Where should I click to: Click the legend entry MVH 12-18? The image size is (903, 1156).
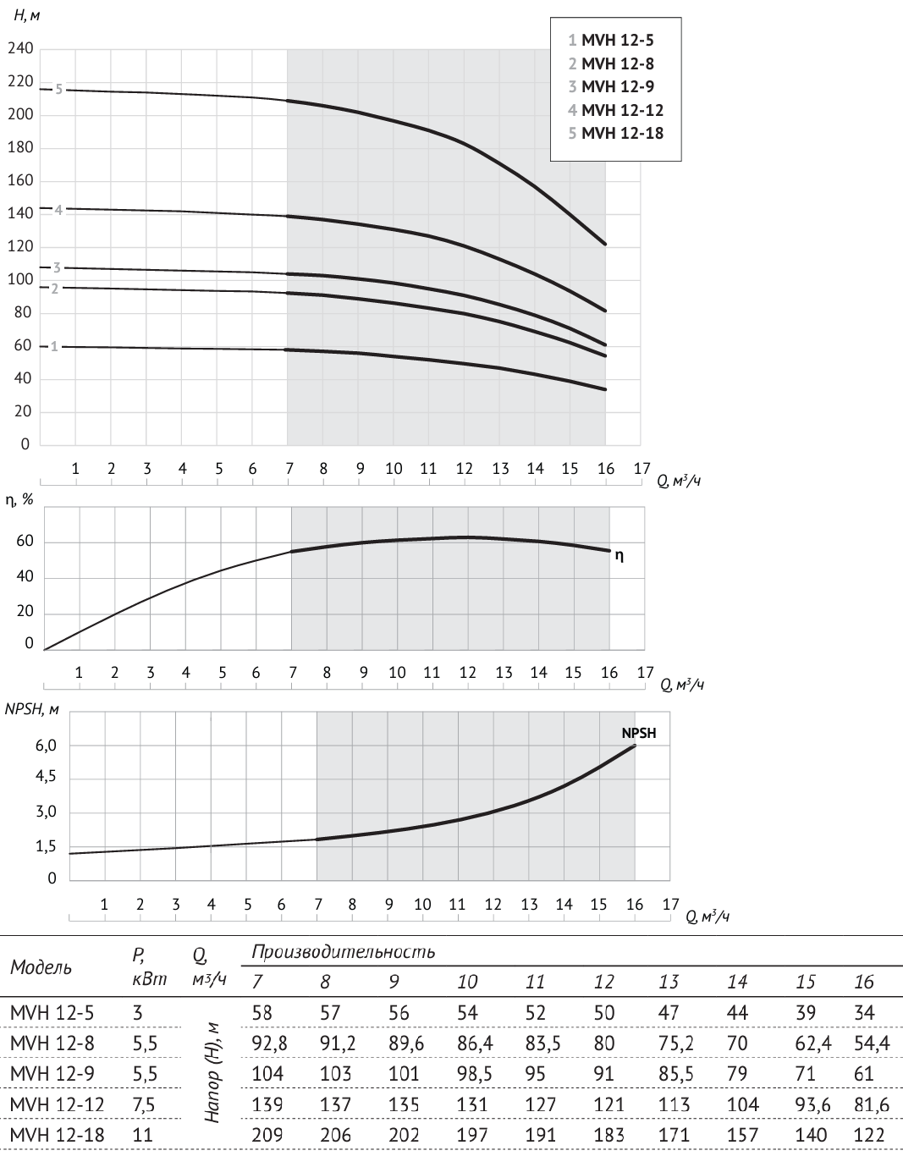pyautogui.click(x=616, y=133)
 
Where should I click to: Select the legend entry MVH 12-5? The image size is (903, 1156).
pyautogui.click(x=611, y=40)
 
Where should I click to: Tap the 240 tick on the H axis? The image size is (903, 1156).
pyautogui.click(x=21, y=49)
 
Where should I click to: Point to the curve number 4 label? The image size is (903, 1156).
pyautogui.click(x=58, y=210)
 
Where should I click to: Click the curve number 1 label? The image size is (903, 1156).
pyautogui.click(x=55, y=346)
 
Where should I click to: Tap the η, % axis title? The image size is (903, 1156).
pyautogui.click(x=19, y=499)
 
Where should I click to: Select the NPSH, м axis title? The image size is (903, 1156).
pyautogui.click(x=31, y=710)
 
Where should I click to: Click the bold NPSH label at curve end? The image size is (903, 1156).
pyautogui.click(x=639, y=734)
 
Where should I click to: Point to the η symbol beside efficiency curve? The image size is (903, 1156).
pyautogui.click(x=619, y=556)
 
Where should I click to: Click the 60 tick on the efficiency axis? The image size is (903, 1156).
pyautogui.click(x=25, y=542)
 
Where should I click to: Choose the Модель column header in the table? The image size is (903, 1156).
pyautogui.click(x=41, y=966)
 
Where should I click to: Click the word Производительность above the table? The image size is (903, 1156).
pyautogui.click(x=344, y=952)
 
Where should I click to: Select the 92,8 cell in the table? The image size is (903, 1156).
pyautogui.click(x=269, y=1043)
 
